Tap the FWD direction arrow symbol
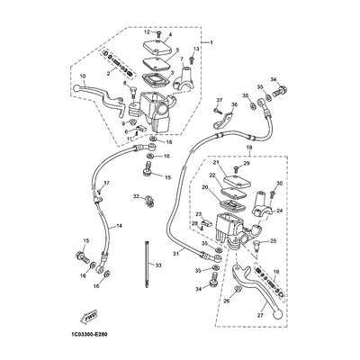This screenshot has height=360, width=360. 91,317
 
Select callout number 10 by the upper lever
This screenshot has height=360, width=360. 83,75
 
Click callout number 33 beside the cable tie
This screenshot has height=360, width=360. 157,267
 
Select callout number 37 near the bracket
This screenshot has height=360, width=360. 217,100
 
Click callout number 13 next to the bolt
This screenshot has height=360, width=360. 195,47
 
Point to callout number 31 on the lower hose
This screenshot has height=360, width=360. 176,255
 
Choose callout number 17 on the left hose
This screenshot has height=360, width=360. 105,184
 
